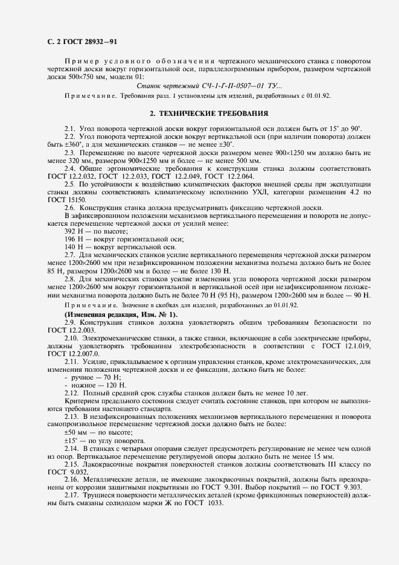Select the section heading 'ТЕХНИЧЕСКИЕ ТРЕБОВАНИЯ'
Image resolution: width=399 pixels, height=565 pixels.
tap(205, 113)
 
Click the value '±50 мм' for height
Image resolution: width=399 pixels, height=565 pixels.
tap(75, 432)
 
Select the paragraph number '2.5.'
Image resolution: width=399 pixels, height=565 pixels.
tap(70, 183)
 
